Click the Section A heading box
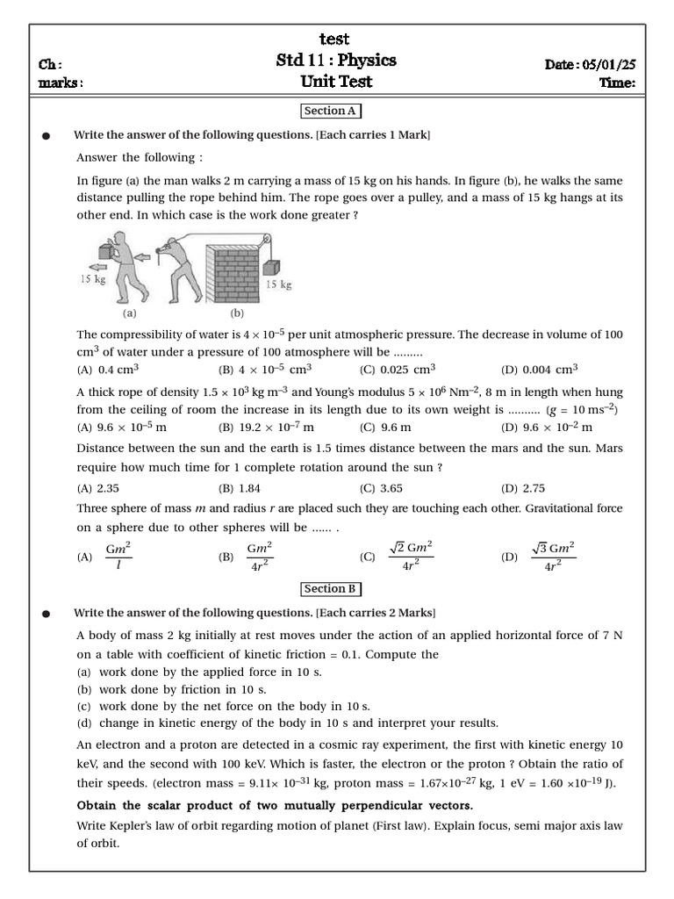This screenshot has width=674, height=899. coord(331,111)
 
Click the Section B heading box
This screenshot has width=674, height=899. coord(331,589)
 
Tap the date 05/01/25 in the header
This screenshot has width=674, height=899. coord(607,63)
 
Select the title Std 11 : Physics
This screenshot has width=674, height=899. coord(335,61)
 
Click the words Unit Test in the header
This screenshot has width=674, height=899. coord(335,83)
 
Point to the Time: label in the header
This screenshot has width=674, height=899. coord(617,83)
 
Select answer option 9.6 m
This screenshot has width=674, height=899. coord(394,428)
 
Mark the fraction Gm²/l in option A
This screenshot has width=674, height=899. coord(118,557)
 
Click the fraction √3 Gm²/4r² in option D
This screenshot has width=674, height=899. coord(553,557)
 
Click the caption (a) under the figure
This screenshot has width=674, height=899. coord(130,312)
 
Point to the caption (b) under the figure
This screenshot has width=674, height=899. coord(237,312)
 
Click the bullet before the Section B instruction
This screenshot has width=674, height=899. coord(45,613)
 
